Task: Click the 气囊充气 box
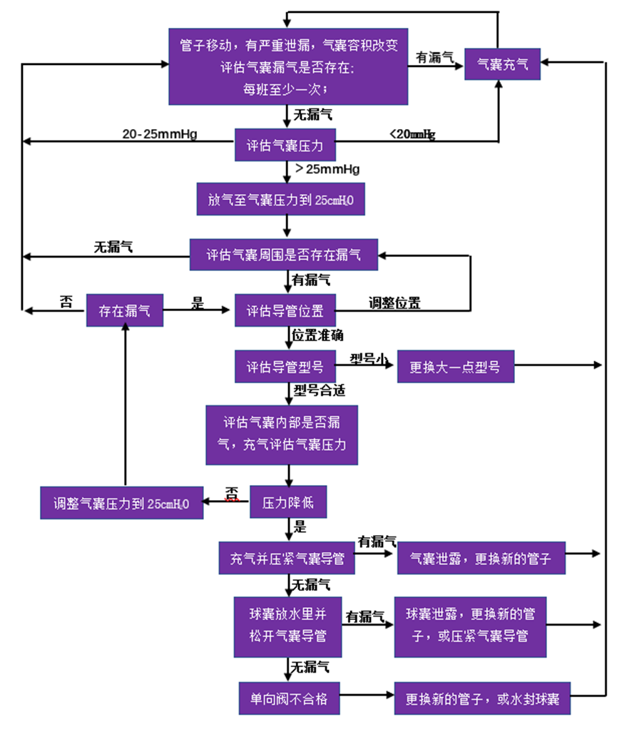point(502,63)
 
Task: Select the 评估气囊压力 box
point(285,146)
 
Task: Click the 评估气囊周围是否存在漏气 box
point(283,254)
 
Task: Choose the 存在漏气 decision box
point(124,310)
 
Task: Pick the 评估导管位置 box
point(285,310)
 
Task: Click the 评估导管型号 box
point(285,367)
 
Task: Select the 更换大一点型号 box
point(454,367)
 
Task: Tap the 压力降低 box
point(288,502)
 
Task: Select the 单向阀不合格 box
point(289,698)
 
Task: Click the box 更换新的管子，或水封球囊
point(483,698)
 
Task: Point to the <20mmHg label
point(412,133)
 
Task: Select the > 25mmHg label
point(327,170)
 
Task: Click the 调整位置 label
point(394,303)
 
